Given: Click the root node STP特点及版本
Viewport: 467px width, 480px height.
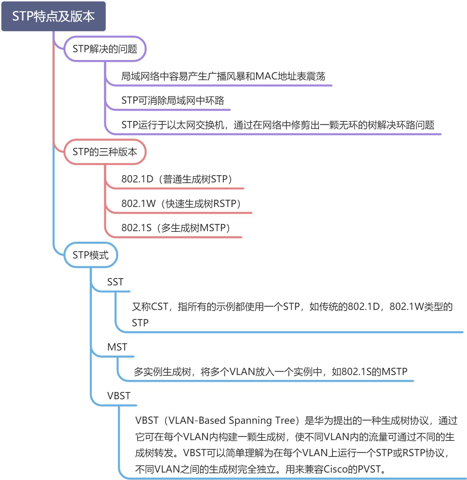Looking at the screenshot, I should coord(53,16).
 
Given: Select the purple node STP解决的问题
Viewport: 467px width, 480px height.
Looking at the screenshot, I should coord(105,49).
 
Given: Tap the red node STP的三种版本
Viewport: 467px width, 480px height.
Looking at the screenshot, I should coord(105,152).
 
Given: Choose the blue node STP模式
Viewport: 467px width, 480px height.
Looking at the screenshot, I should coord(91,255).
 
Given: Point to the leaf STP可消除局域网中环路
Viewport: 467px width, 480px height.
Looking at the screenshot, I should coord(173,101).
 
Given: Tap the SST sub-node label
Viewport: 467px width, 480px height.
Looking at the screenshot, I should coord(115,282).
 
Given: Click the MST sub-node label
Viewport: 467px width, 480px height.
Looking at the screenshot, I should coord(117,347).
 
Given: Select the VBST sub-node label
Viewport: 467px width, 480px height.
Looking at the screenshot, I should coord(119,396).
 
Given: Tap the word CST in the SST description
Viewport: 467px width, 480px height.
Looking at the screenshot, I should coord(159,306).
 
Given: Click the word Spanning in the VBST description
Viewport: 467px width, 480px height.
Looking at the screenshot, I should coord(250,420).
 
